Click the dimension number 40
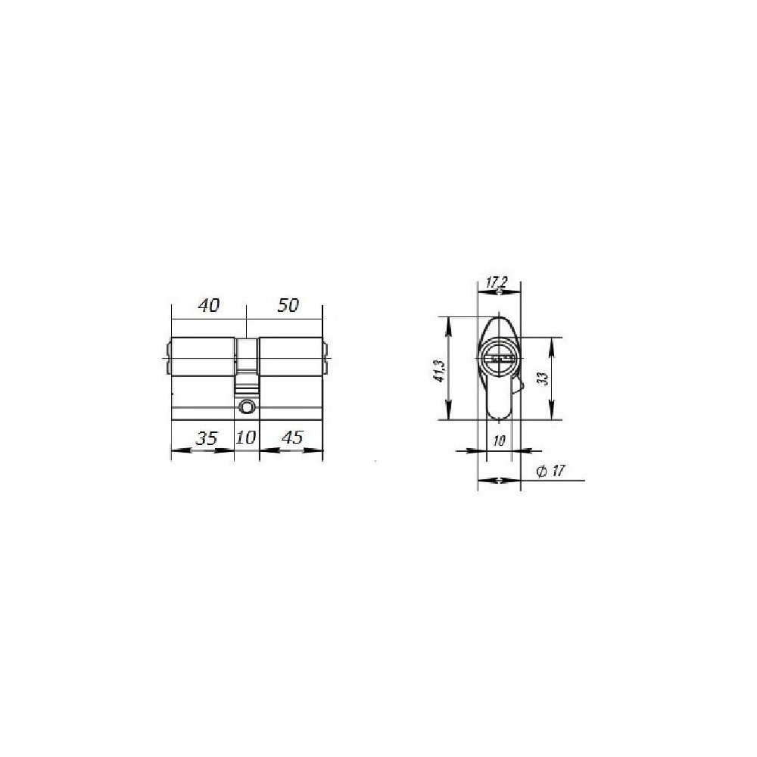coord(209,305)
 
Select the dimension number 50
coord(288,305)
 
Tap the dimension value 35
coord(207,438)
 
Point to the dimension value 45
coord(291,438)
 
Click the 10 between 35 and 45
coord(246,438)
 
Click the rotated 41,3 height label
coord(439,371)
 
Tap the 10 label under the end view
coord(499,441)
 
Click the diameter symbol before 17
coord(542,471)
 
